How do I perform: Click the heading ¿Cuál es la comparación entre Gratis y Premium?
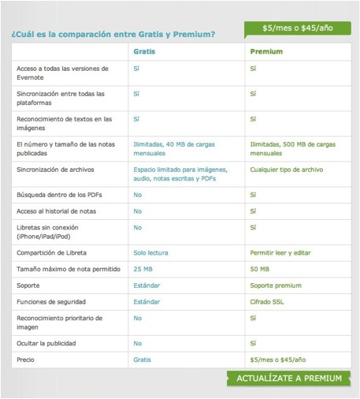(x=113, y=34)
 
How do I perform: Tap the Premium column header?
(x=266, y=51)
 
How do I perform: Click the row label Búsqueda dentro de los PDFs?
(x=55, y=194)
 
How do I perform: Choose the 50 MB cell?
(x=259, y=269)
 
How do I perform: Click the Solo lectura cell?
(x=152, y=252)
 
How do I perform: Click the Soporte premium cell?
(x=276, y=285)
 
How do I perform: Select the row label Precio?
(x=26, y=360)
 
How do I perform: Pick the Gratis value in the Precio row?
(x=143, y=360)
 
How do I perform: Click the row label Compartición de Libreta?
(x=51, y=252)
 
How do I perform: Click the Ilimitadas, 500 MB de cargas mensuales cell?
(x=292, y=149)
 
